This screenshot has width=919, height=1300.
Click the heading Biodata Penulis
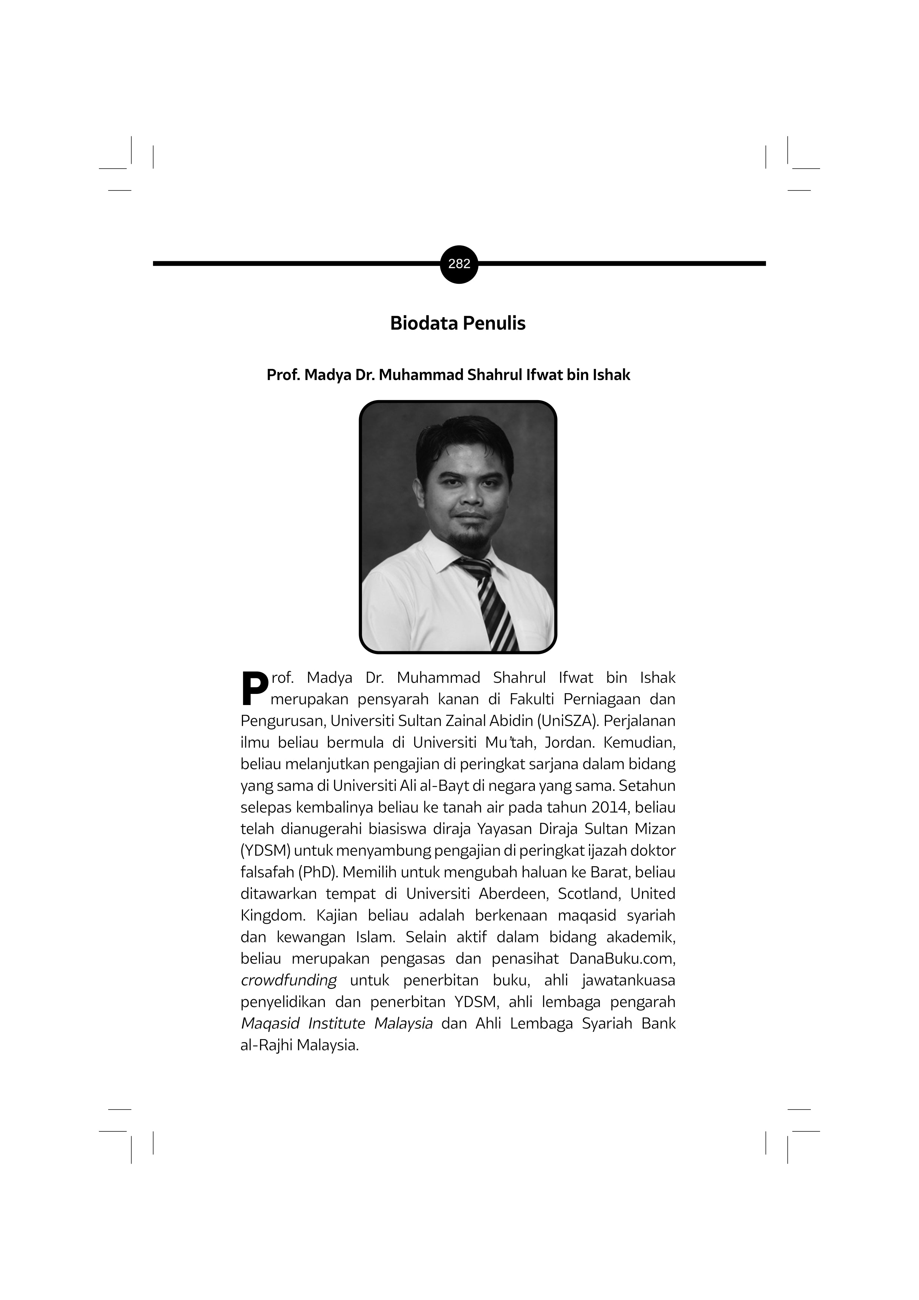coord(457,323)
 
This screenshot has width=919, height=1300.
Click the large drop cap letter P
coord(254,688)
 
